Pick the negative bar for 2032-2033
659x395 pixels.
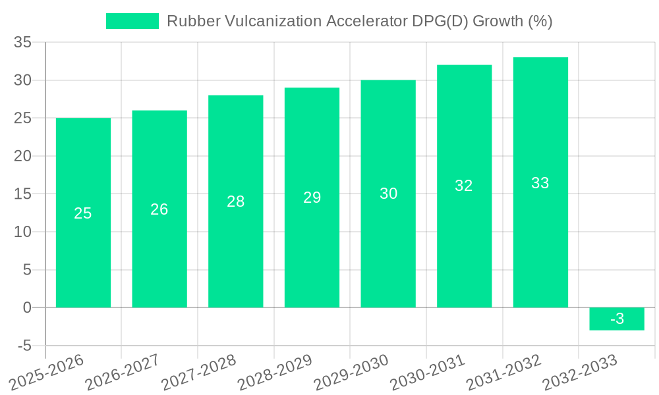[x=617, y=319]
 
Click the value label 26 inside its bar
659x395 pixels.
[x=159, y=209]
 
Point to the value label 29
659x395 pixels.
[x=312, y=197]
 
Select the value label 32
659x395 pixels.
[x=464, y=186]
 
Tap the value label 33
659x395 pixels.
[x=540, y=183]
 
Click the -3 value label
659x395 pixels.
[x=617, y=319]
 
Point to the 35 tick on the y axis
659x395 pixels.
[x=23, y=43]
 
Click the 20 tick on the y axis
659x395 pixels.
[x=23, y=156]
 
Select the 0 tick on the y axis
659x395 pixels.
[x=27, y=307]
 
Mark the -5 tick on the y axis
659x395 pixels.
[x=24, y=346]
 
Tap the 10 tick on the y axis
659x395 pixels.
[x=23, y=232]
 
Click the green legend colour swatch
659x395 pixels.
[x=132, y=21]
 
